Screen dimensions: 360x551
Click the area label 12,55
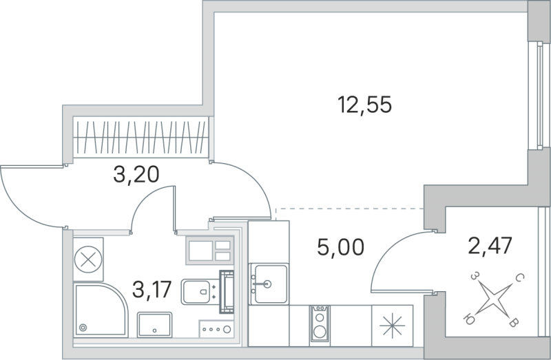pos(364,105)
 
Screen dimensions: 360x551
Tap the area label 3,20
pos(136,175)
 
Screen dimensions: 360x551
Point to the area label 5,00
pos(340,246)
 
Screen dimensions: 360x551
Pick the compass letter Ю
pos(470,319)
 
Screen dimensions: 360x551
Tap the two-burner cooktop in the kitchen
pos(320,324)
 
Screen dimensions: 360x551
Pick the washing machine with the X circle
pos(87,260)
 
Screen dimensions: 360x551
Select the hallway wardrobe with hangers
pos(141,138)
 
